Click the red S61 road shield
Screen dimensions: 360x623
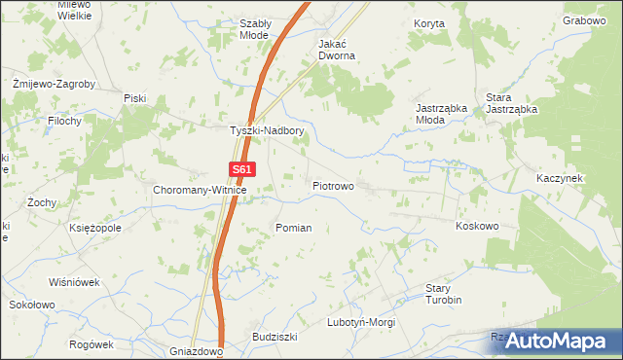243,169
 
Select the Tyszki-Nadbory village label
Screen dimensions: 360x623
267,130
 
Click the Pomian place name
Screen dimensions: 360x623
293,228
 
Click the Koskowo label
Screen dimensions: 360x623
477,226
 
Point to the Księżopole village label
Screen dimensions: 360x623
95,228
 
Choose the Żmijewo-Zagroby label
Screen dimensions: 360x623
53,84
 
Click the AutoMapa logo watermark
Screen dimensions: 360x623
552,341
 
